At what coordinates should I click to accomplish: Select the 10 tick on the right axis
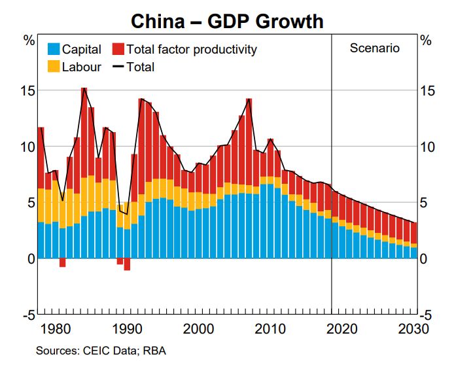429,147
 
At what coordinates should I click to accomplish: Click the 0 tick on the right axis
425,259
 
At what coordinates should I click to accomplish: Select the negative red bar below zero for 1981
62,262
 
